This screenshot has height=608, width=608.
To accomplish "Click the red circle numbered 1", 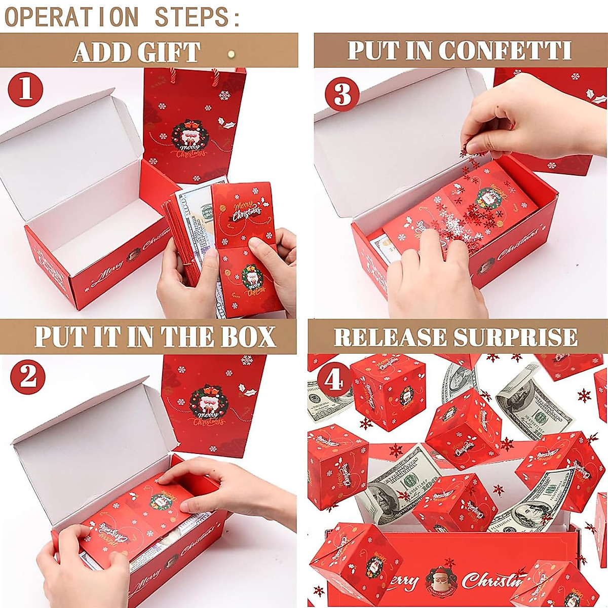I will [25, 90].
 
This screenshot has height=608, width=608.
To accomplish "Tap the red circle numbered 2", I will [28, 376].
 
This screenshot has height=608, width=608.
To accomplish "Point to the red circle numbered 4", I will [333, 378].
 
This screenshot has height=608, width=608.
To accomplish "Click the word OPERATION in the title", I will [71, 16].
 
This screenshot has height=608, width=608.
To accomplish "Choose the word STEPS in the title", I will [198, 16].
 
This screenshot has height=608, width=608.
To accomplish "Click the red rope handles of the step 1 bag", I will [193, 76].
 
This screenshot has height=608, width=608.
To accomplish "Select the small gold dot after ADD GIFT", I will [232, 52].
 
